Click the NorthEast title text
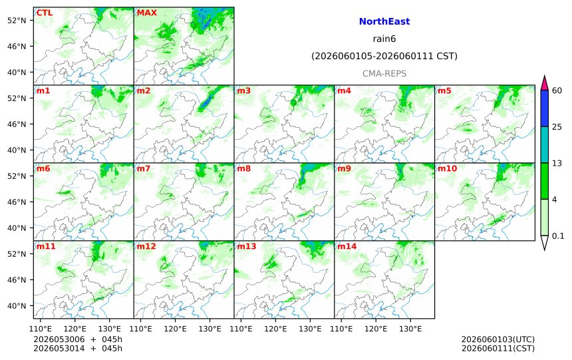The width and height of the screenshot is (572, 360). (384, 21)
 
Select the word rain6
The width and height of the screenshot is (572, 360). (384, 39)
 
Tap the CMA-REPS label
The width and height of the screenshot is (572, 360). (384, 73)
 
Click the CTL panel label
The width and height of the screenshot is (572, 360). (45, 13)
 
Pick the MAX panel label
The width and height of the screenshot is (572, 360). (146, 13)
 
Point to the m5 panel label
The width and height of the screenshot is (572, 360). (444, 90)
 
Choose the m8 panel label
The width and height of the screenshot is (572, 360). (243, 168)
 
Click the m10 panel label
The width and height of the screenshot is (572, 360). (447, 168)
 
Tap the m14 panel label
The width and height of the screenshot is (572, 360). (347, 246)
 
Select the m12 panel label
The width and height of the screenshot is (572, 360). (146, 246)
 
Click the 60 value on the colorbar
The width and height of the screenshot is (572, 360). (557, 90)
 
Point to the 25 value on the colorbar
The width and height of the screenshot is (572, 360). (557, 127)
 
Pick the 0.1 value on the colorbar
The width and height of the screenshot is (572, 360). (558, 236)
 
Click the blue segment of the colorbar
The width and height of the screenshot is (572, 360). (544, 108)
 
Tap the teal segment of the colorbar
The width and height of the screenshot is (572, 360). (544, 144)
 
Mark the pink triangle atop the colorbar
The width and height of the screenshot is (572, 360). (544, 85)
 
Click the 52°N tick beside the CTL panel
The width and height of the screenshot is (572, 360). (17, 21)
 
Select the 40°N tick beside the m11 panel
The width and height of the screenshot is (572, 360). (17, 306)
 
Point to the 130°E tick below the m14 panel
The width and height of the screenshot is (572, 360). (410, 329)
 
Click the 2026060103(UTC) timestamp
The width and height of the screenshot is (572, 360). (498, 339)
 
